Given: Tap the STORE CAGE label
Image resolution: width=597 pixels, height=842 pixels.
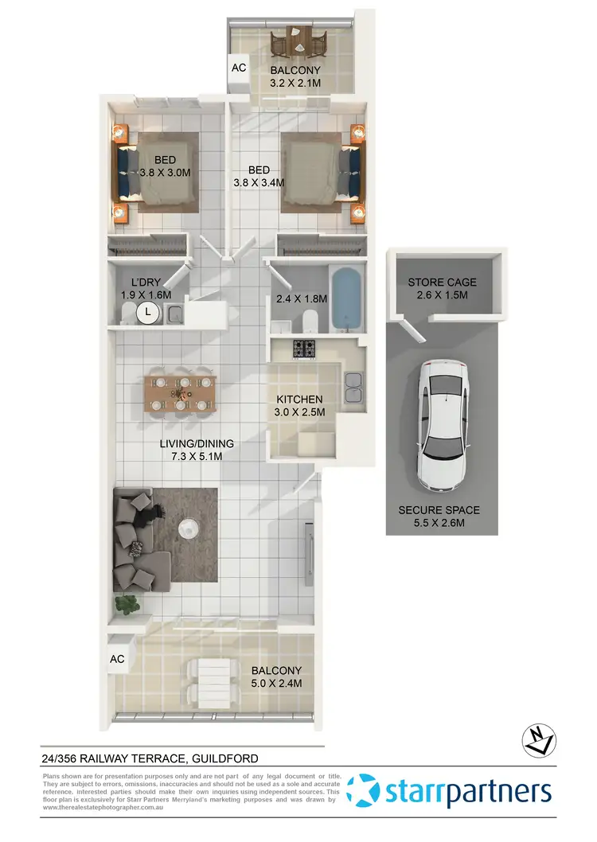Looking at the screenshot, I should (x=443, y=288).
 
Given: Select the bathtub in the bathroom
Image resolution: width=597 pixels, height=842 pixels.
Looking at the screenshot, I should (x=347, y=301).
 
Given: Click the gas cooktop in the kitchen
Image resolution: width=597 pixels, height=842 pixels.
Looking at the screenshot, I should (x=304, y=349).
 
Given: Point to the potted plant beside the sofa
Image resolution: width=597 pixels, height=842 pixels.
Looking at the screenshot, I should (x=127, y=604).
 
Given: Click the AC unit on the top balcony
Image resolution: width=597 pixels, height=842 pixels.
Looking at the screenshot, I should (x=239, y=68).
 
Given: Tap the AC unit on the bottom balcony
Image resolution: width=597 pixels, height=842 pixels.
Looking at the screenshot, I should (x=117, y=659).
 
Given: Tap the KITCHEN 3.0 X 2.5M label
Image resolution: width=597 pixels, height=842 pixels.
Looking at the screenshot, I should (x=299, y=405).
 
